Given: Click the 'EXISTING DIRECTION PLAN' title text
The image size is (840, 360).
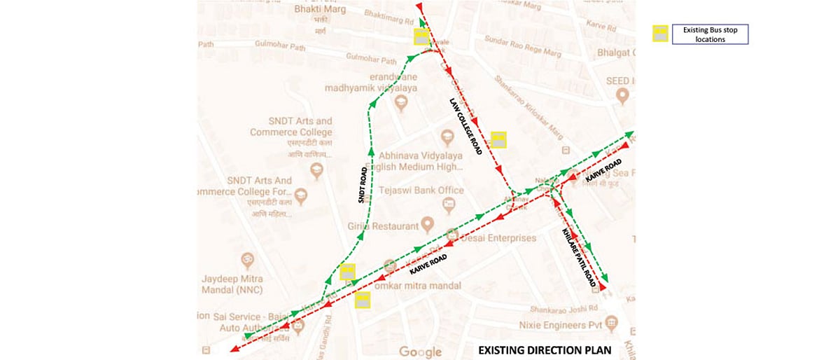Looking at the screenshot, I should click(x=545, y=350).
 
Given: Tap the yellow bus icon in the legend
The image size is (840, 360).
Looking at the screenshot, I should click(x=660, y=34).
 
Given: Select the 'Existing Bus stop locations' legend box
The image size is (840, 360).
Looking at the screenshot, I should click(x=710, y=34).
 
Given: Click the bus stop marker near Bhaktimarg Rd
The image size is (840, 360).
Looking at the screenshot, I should click(x=421, y=37).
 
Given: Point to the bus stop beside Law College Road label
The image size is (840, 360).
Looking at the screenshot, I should click(x=498, y=139).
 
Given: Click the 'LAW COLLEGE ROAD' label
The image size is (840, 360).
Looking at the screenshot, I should click(x=465, y=126).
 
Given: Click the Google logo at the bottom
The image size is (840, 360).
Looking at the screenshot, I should click(x=420, y=352).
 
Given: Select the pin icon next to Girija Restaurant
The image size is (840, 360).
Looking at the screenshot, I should click(x=428, y=226).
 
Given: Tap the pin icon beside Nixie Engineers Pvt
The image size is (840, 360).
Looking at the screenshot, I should click(x=611, y=322).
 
